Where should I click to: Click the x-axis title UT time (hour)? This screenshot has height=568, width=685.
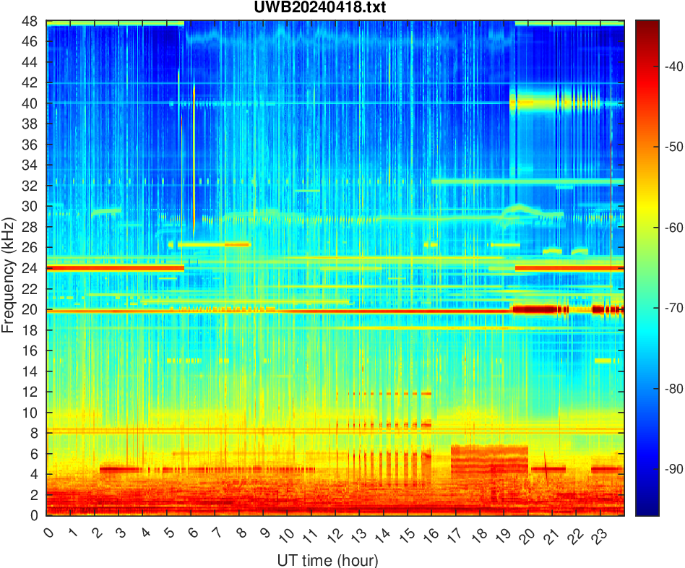pyautogui.click(x=327, y=559)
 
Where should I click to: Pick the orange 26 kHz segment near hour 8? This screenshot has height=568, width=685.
pyautogui.click(x=236, y=244)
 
